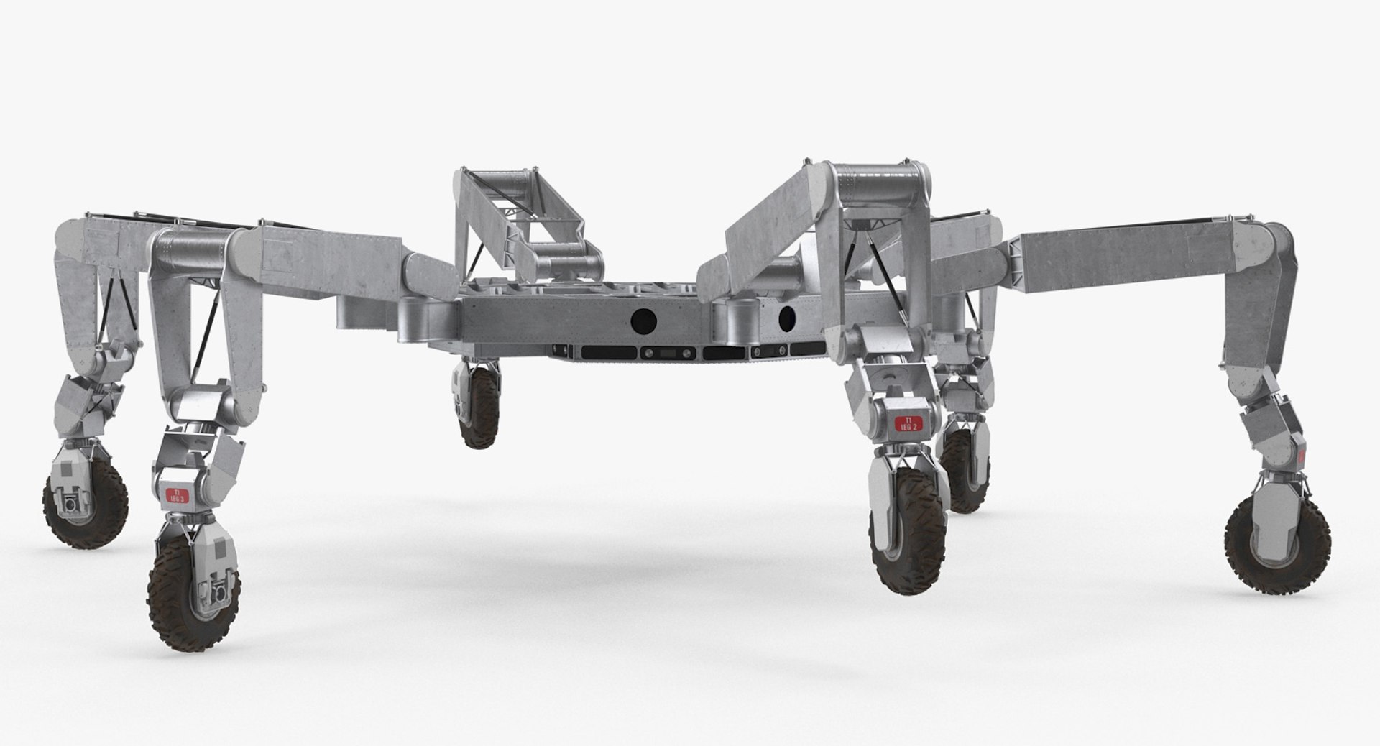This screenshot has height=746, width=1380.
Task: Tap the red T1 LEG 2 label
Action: [908, 423]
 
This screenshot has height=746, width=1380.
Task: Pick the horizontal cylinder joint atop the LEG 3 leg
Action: [193, 252]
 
